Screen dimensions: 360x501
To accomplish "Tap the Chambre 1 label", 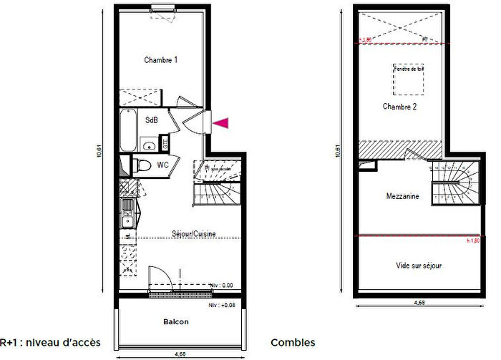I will pos(161,60).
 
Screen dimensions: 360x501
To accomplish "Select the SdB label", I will pos(152,120).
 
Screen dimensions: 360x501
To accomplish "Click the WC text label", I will pos(163,165).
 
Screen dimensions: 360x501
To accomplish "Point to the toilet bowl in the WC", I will pos(142,166).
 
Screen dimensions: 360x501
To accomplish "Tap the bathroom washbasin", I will pos(149,146).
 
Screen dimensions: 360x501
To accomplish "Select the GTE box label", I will pos(167,143).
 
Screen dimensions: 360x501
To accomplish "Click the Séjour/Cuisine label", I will pos(194,233).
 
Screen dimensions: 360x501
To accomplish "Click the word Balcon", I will pos(175,322).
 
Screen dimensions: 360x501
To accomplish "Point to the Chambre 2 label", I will pos(399,107).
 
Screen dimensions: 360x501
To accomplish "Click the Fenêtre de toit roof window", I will pos(409,79).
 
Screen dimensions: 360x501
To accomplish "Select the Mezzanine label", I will pos(402,196).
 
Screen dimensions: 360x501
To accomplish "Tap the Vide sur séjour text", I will pos(419,266).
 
